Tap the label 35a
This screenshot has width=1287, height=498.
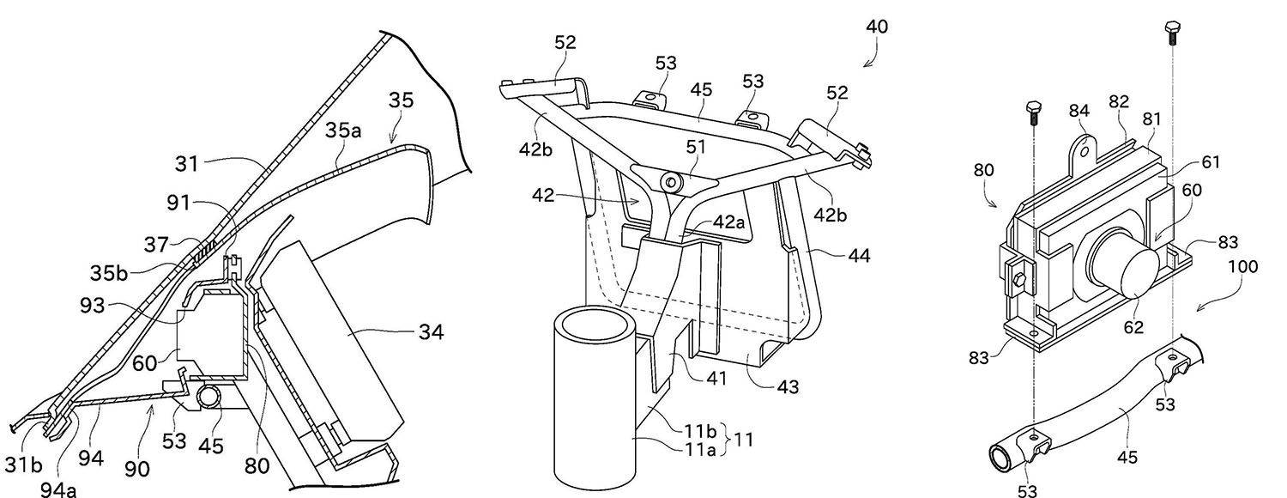pos(342,130)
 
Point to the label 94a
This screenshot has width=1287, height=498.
pos(57,489)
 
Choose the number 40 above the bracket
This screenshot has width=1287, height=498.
pos(876,27)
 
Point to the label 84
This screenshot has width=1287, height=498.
pos(1079,111)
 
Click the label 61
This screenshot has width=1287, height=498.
pos(1210,162)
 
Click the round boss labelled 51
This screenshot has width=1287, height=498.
pos(672,181)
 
